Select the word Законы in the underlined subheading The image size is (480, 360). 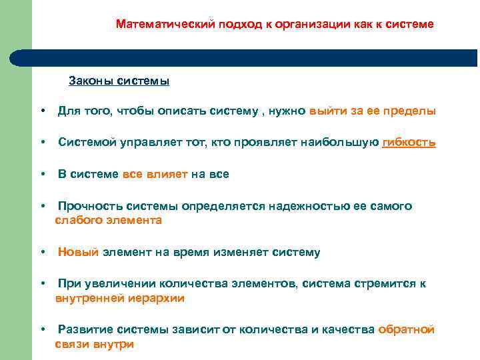click(91, 81)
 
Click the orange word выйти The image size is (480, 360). click(328, 111)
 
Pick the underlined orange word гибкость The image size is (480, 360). click(409, 143)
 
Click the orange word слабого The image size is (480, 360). click(76, 220)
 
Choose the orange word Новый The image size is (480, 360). click(78, 253)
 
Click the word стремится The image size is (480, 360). click(383, 285)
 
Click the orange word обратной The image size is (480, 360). click(407, 330)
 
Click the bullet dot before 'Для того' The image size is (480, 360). click(41, 111)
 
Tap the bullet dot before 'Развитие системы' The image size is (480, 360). click(41, 330)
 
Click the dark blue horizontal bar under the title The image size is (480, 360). click(253, 57)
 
